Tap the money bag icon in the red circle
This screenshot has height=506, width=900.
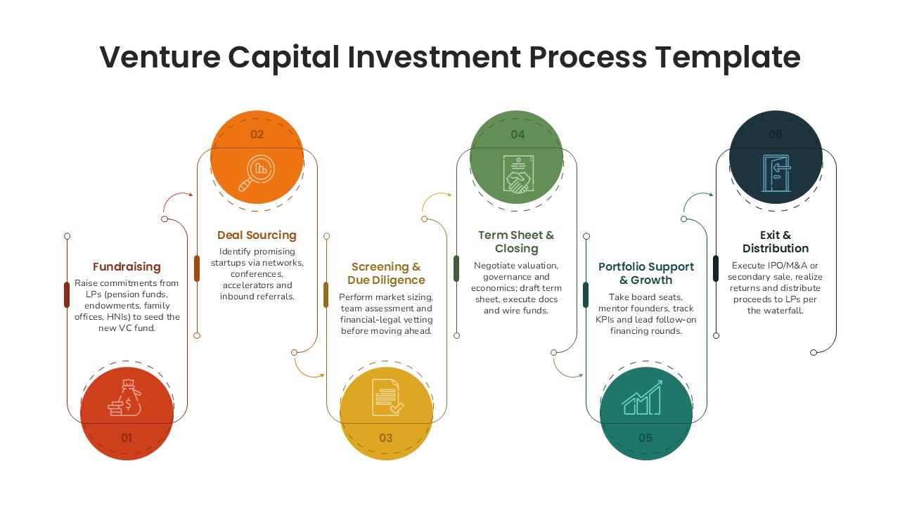point(127,398)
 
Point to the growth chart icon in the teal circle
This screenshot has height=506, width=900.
point(642,398)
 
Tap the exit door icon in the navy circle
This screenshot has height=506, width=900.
point(776,173)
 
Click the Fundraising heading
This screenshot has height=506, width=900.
point(127,267)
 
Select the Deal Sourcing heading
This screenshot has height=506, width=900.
point(257,235)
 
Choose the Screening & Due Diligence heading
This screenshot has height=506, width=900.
point(386,273)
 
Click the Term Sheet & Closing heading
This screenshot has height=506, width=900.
point(516,242)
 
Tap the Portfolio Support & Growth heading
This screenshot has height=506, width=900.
point(645,273)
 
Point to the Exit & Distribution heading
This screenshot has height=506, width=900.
point(776,242)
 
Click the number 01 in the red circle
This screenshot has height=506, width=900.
point(127,438)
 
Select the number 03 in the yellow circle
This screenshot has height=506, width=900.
point(386,438)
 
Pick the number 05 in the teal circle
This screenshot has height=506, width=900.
point(645,438)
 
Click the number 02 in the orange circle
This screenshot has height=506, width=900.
point(257,134)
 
